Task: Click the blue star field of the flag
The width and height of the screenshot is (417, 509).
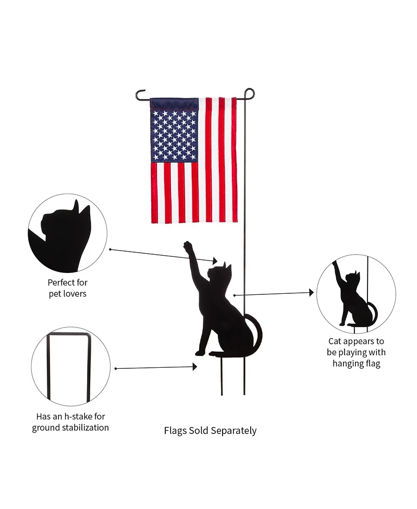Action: (174, 130)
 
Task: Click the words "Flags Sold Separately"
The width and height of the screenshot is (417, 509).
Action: (210, 431)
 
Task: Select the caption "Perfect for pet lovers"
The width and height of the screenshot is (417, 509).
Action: (67, 288)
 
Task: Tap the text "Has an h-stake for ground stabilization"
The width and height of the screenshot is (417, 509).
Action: (70, 422)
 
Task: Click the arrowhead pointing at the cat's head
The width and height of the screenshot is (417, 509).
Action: (214, 260)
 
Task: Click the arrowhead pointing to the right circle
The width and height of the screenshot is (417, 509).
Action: (311, 293)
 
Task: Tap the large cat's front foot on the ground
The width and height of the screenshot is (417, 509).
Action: (200, 353)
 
